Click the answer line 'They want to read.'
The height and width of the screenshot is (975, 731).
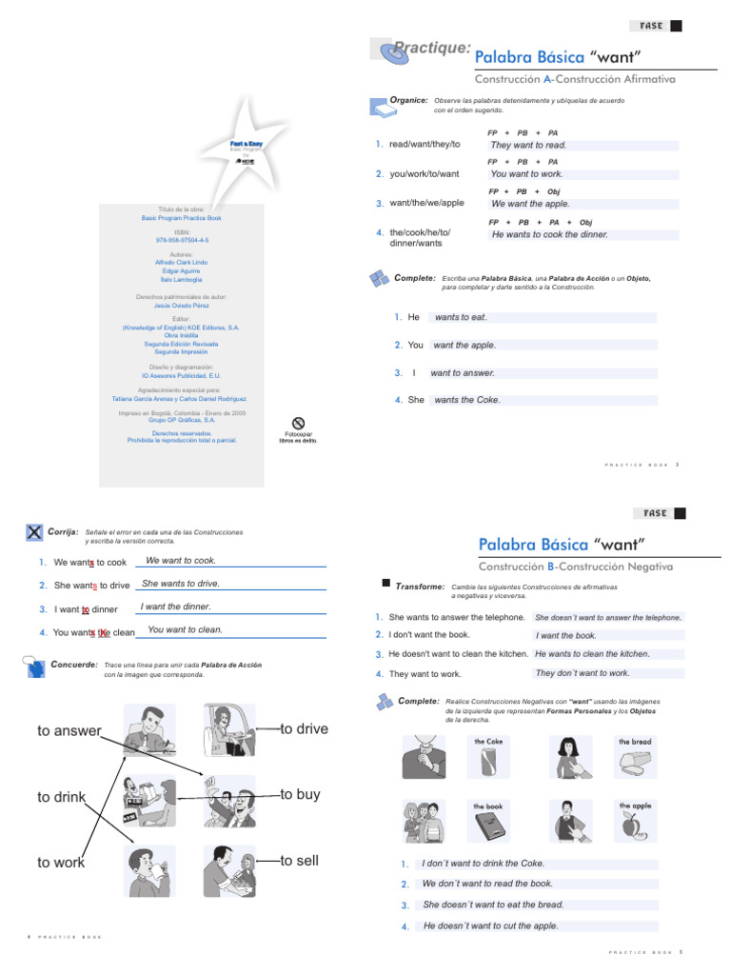[x=528, y=146]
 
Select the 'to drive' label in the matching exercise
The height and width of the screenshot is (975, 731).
[x=305, y=729]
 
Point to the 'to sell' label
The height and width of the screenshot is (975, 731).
[x=300, y=861]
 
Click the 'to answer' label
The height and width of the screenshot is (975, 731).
[x=69, y=731]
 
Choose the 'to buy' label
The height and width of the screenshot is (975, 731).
[x=301, y=795]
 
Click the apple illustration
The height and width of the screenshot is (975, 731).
[x=630, y=826]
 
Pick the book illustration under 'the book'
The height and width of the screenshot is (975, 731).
[x=488, y=825]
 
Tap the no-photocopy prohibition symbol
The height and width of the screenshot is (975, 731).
[x=297, y=423]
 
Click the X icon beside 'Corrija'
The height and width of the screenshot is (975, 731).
[x=34, y=532]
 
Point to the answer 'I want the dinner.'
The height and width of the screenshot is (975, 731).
[x=175, y=607]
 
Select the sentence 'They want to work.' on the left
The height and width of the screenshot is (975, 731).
[x=425, y=674]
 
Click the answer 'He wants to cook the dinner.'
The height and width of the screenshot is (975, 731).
[x=549, y=234]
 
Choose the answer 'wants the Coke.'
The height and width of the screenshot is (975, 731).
[x=467, y=400]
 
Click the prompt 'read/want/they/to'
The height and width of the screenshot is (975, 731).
[x=425, y=145]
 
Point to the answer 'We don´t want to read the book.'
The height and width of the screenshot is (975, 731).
[x=487, y=884]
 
